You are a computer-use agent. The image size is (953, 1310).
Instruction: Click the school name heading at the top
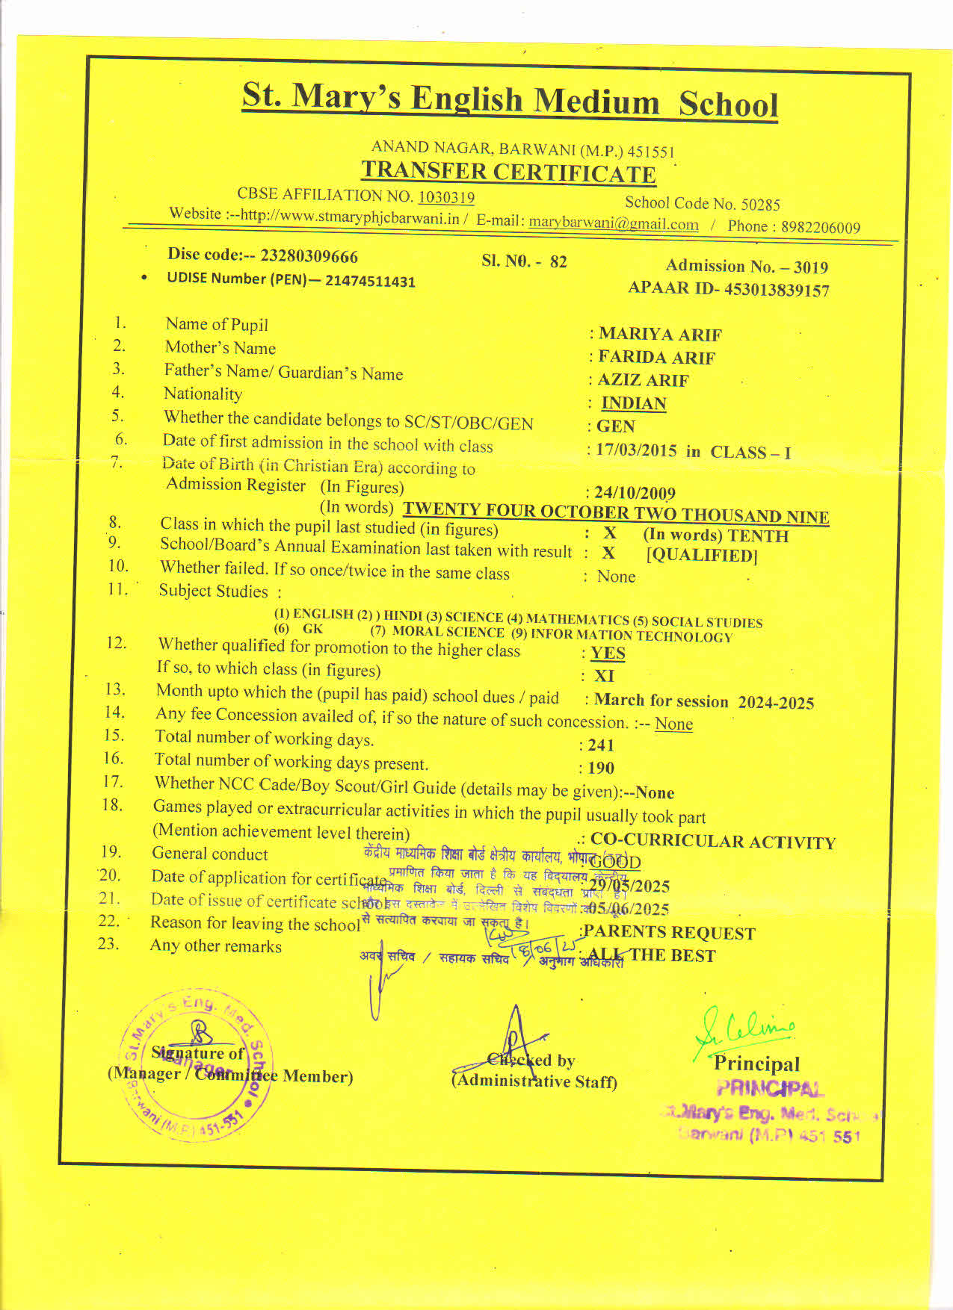(x=510, y=100)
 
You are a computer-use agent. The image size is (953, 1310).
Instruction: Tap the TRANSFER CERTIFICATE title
(x=508, y=172)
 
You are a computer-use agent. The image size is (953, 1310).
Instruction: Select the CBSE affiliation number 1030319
(x=445, y=197)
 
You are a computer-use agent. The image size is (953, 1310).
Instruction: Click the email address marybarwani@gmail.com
(x=614, y=223)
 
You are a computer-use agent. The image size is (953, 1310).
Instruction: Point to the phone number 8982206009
(x=820, y=227)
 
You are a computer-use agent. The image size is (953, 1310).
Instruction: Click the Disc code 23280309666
(x=309, y=256)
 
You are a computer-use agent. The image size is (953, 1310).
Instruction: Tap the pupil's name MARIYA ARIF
(x=660, y=334)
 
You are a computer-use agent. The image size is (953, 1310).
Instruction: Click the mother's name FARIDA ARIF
(x=656, y=357)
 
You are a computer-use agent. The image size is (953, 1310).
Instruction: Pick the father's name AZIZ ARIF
(x=643, y=380)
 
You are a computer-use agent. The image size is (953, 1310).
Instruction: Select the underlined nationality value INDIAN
(x=634, y=403)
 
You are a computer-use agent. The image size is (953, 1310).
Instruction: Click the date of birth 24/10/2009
(x=635, y=493)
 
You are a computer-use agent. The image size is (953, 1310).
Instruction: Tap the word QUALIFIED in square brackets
(x=702, y=555)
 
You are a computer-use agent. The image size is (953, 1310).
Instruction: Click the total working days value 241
(x=600, y=745)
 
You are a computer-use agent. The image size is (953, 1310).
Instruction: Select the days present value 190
(x=600, y=768)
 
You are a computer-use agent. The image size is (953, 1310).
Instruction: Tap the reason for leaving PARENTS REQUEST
(x=670, y=932)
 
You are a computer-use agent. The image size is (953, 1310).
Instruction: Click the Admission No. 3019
(x=810, y=267)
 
